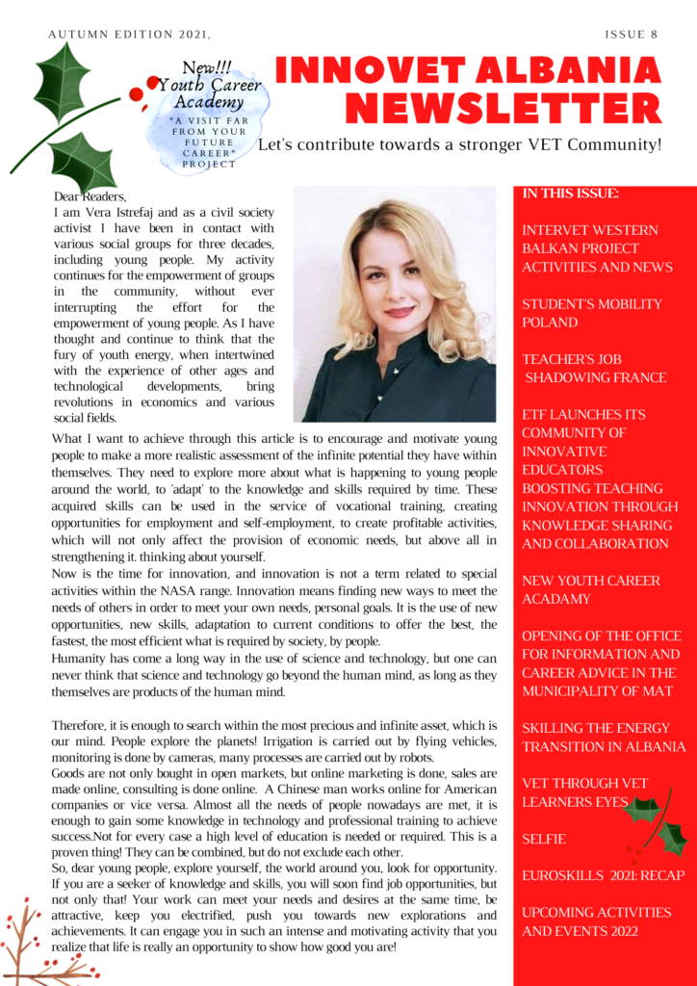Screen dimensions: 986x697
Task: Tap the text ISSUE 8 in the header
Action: (632, 35)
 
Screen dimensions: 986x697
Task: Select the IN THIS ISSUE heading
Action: (571, 194)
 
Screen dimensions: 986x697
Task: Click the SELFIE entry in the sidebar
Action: (545, 840)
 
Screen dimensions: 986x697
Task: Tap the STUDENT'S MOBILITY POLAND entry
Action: (592, 313)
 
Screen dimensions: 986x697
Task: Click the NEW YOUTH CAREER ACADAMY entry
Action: (590, 589)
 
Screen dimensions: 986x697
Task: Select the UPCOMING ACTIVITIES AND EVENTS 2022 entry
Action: (597, 921)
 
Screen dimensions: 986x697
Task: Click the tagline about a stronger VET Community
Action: (460, 145)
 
